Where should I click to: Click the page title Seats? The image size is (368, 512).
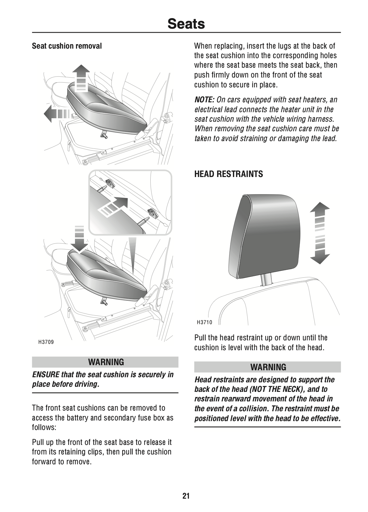pos(186,24)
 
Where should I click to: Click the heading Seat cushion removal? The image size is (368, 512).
pos(67,46)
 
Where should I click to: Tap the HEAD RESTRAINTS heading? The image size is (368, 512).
pos(228,174)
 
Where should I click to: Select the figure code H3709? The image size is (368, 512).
pos(46,342)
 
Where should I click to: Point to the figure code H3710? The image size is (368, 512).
pos(204,323)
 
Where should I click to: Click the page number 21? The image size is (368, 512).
pos(186,496)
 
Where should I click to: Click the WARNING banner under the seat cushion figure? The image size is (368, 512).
pos(105,362)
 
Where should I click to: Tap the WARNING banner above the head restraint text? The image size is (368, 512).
pos(267,367)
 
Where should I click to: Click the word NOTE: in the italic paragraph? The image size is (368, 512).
pos(204,100)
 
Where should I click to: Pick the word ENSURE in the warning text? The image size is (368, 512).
pos(45,374)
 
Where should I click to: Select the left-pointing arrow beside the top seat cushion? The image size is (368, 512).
pos(56,114)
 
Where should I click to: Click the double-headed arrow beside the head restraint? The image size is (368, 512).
pos(319,233)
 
